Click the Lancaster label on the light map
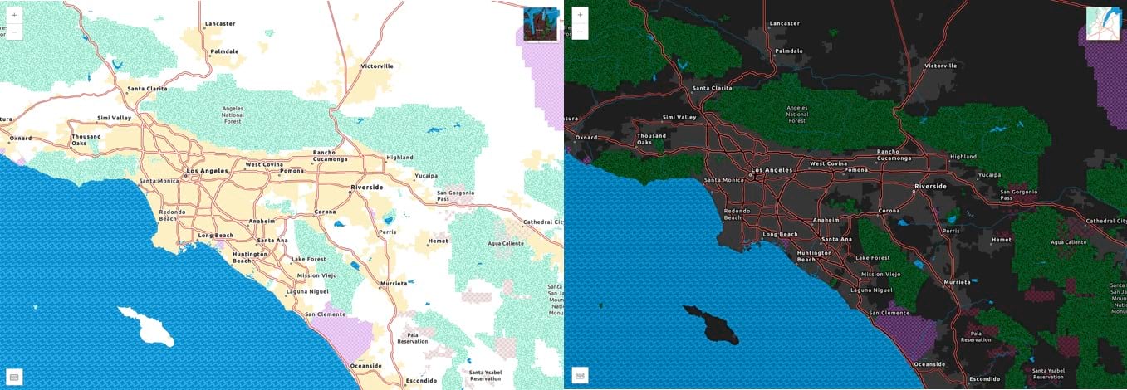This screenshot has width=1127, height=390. click(220, 24)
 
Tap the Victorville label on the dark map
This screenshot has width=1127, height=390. click(941, 66)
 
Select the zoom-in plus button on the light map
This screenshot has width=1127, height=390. click(15, 15)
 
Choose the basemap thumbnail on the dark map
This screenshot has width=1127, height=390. click(1103, 24)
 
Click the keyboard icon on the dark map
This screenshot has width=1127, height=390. click(579, 375)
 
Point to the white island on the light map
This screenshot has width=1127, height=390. click(146, 325)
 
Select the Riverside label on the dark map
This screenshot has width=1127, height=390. click(930, 187)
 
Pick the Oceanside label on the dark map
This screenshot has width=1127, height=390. click(929, 364)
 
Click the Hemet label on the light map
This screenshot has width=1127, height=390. click(438, 241)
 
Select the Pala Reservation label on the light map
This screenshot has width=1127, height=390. click(413, 338)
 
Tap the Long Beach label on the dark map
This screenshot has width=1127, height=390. click(780, 235)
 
